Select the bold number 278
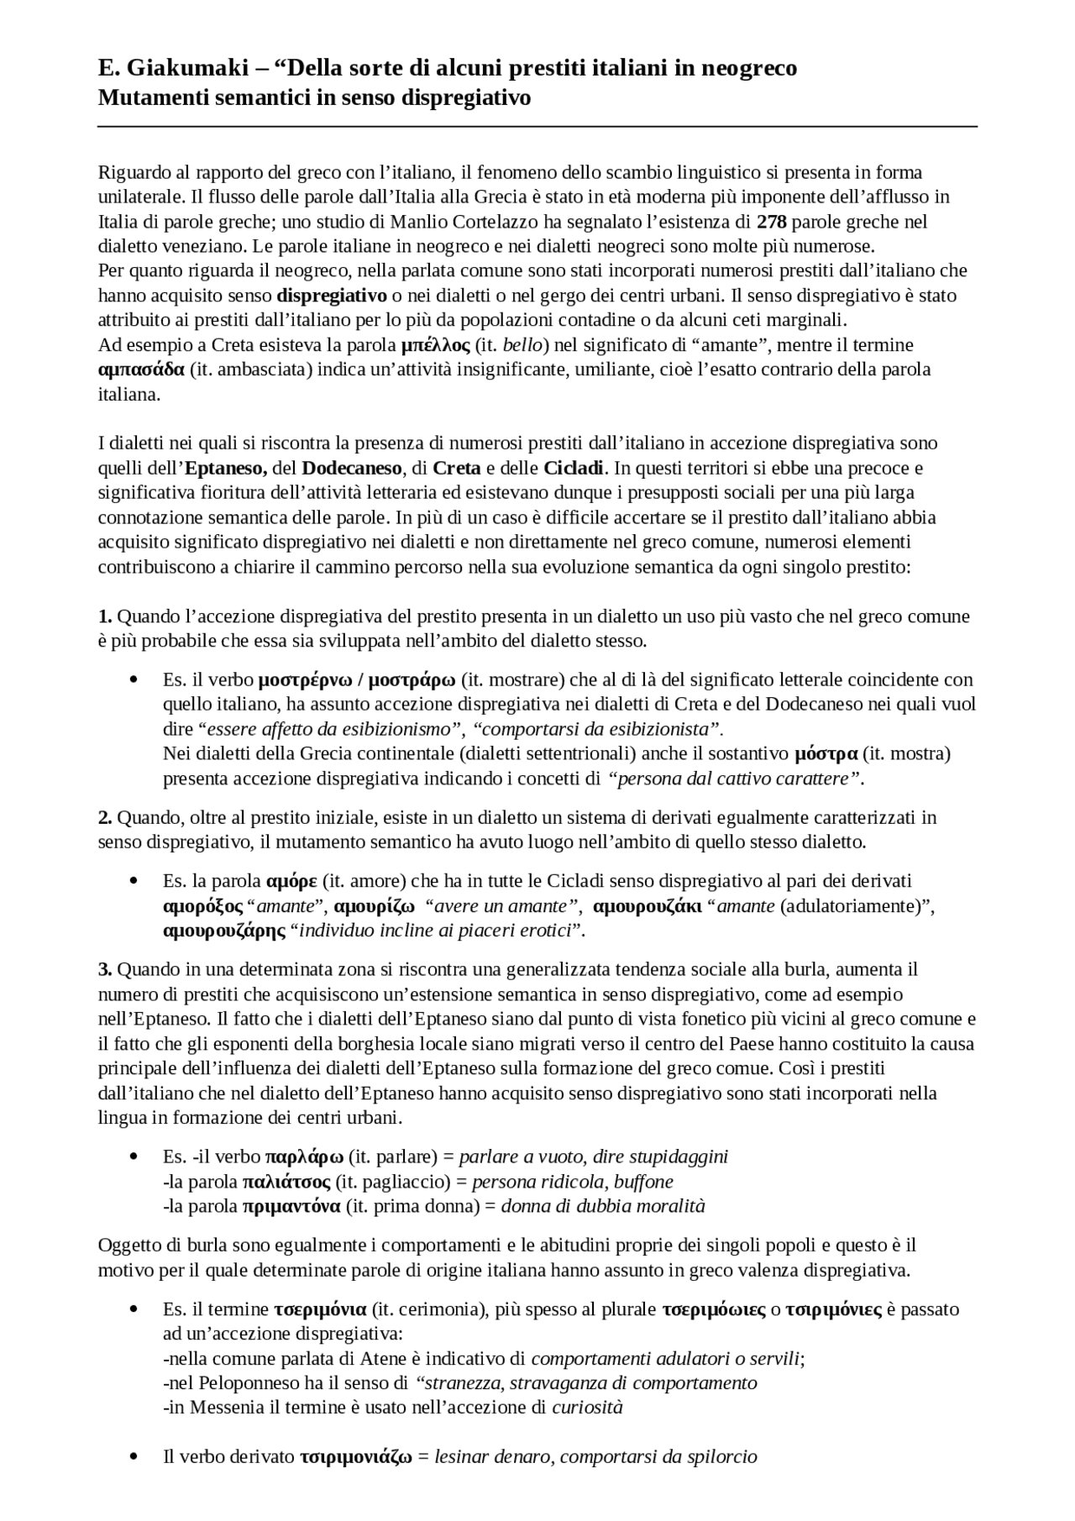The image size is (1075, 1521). pyautogui.click(x=772, y=223)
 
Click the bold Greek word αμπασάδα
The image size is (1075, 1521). pyautogui.click(x=141, y=370)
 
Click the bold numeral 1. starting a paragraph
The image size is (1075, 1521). pyautogui.click(x=105, y=616)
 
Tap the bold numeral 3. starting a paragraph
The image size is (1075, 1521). pyautogui.click(x=105, y=970)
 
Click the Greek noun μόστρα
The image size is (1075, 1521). pyautogui.click(x=826, y=754)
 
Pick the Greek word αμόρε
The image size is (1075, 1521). pyautogui.click(x=291, y=881)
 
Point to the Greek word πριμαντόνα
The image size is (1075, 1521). pyautogui.click(x=291, y=1207)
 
